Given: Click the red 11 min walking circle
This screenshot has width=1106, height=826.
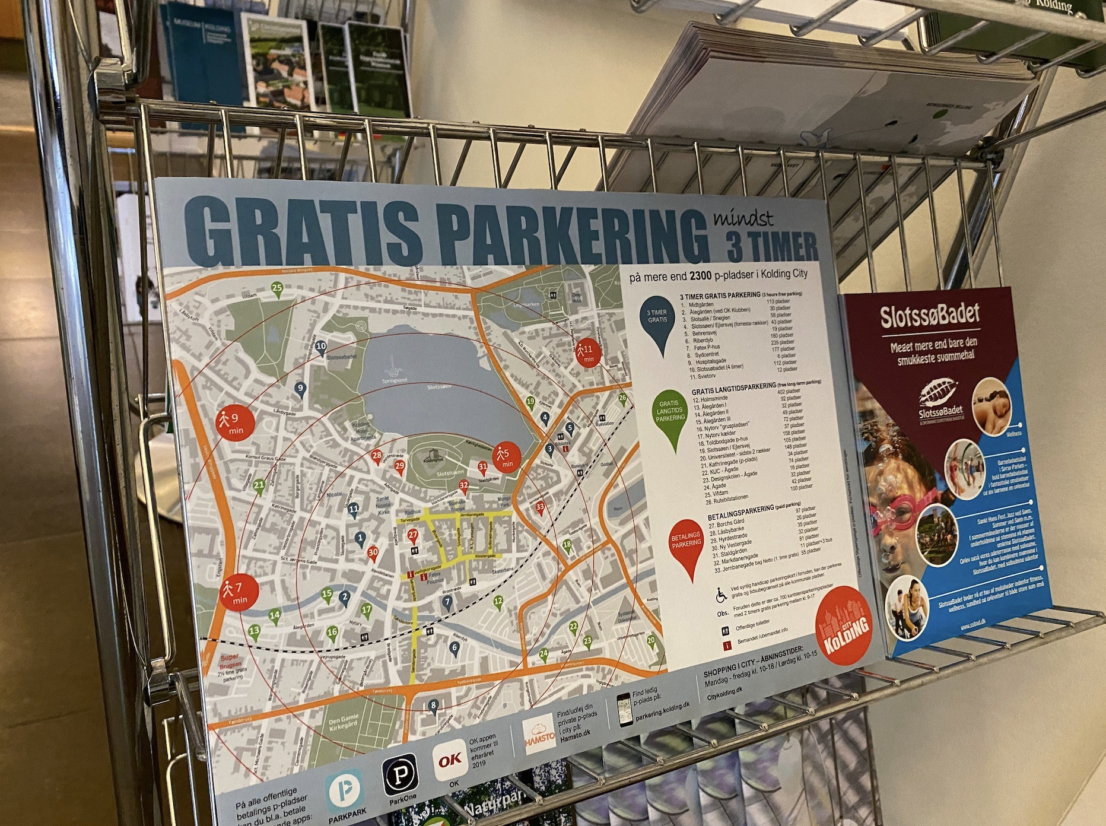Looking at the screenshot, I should (587, 352).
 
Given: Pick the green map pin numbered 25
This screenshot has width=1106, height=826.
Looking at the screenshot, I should (277, 290).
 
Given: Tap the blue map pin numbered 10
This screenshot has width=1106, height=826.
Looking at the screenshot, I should (321, 348).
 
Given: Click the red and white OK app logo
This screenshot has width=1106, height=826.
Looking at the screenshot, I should (450, 760).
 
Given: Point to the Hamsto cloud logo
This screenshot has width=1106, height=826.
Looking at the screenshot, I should (539, 736).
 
